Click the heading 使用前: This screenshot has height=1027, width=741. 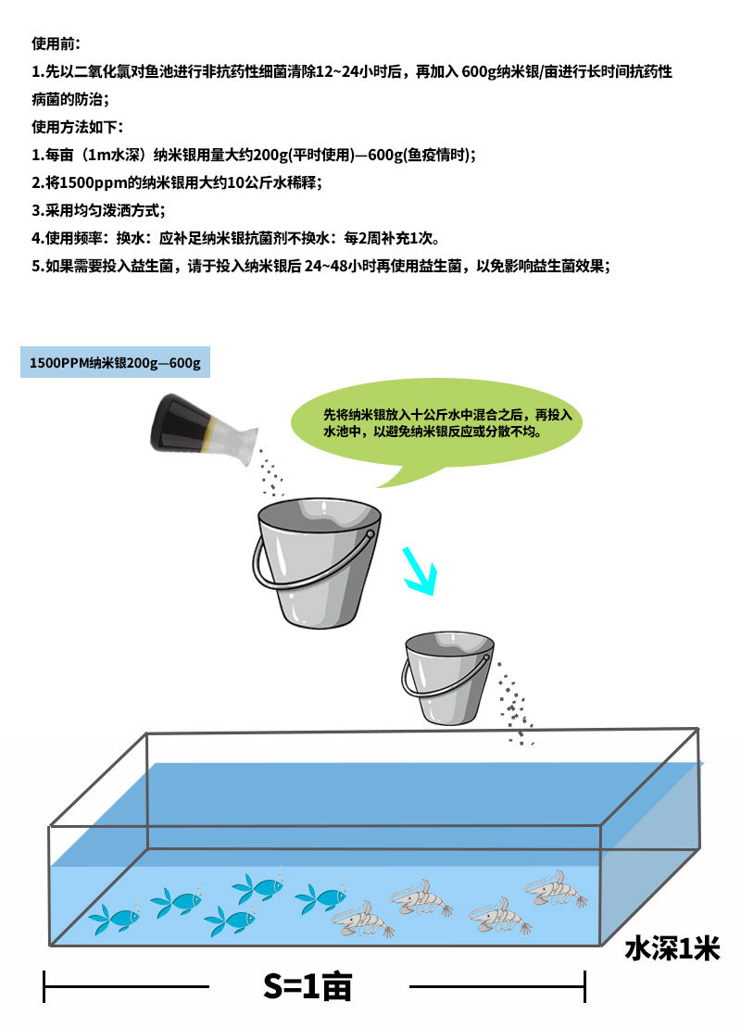pyautogui.click(x=57, y=44)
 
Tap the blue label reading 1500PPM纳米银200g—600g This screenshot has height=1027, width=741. pyautogui.click(x=115, y=362)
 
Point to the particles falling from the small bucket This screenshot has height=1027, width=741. pyautogui.click(x=513, y=704)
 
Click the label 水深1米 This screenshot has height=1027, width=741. pyautogui.click(x=672, y=949)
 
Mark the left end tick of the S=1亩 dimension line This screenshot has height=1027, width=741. pyautogui.click(x=44, y=986)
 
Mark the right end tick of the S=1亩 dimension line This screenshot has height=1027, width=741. pyautogui.click(x=584, y=986)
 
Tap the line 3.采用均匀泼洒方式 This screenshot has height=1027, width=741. pyautogui.click(x=98, y=210)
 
